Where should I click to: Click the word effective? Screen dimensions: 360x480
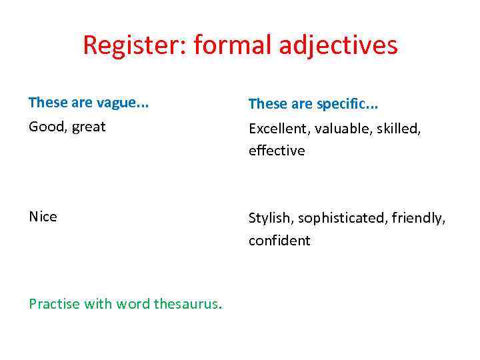277,151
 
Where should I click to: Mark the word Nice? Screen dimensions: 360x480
43,217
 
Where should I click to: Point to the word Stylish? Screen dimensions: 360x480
270,218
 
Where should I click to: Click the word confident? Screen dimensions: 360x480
279,241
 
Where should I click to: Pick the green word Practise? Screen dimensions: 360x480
54,304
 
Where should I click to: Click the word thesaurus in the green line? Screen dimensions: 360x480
186,304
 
